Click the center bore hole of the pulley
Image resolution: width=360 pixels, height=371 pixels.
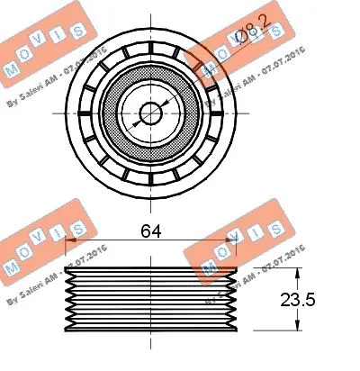[x=150, y=113]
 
